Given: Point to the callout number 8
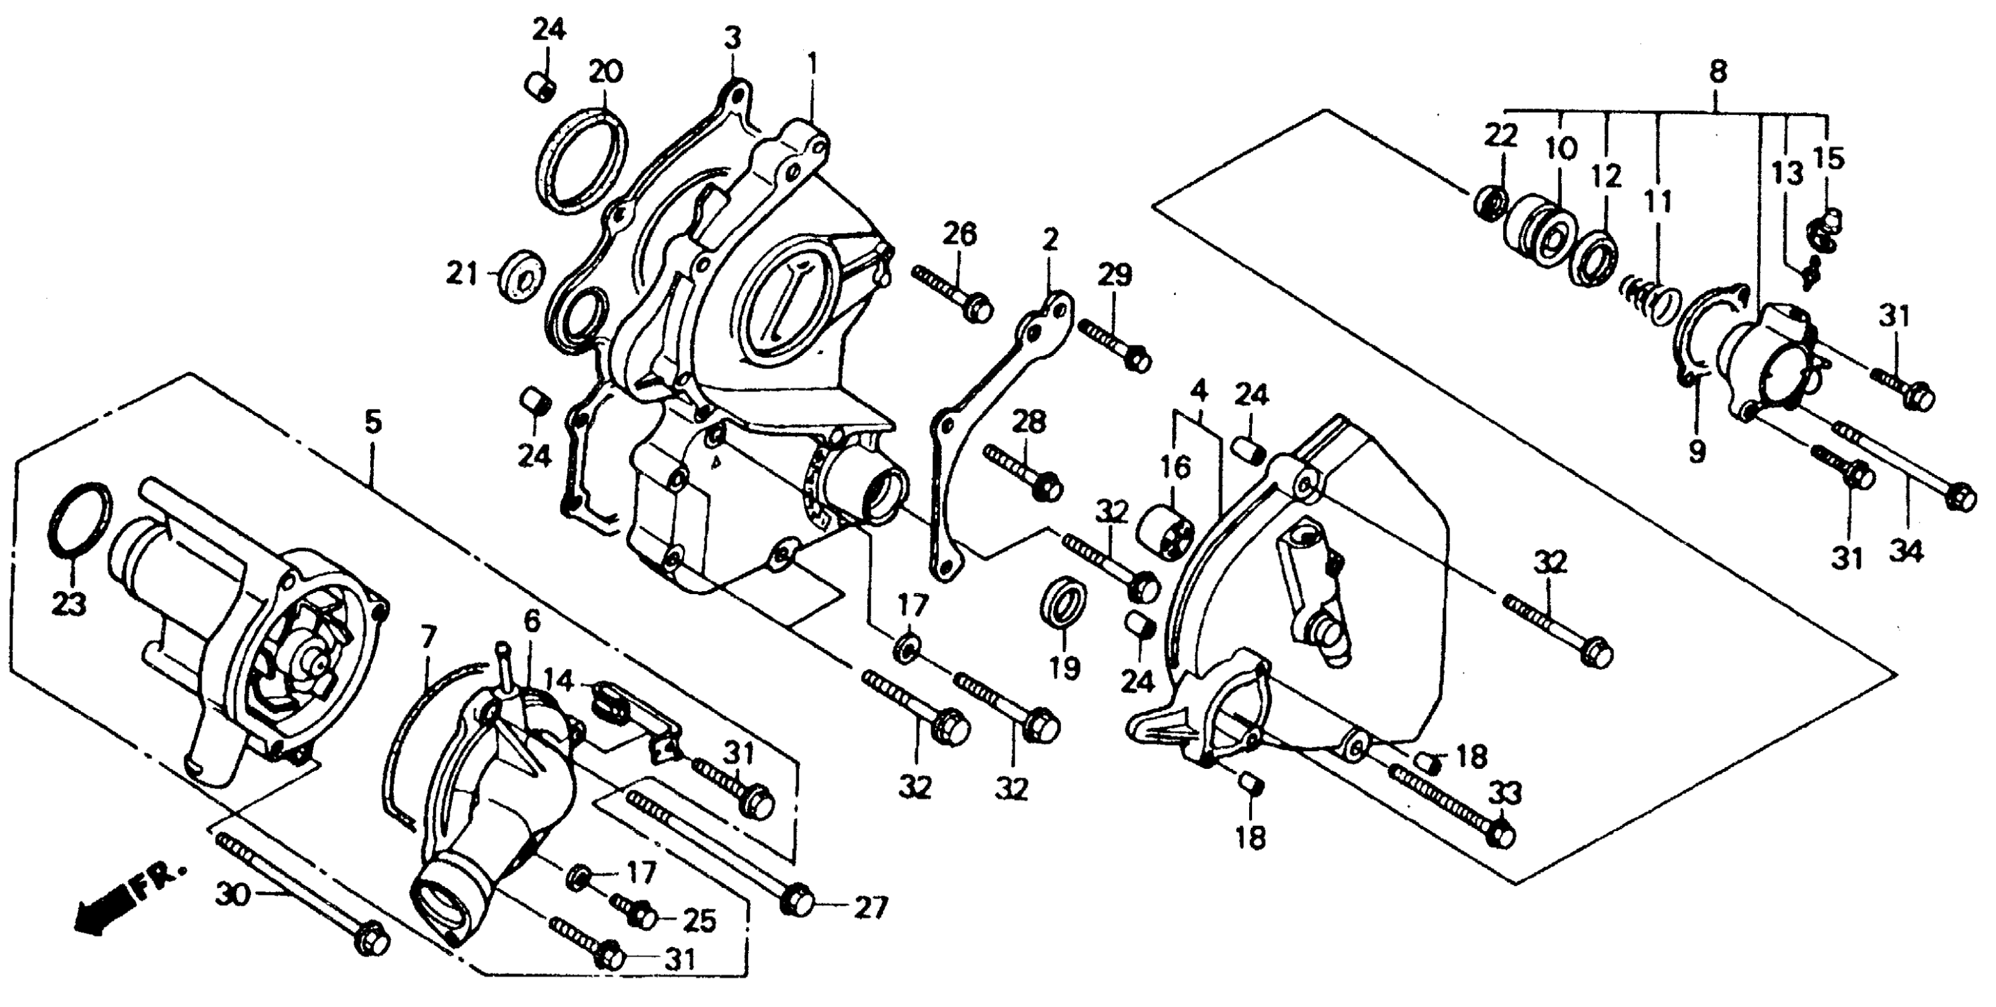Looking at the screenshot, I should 1718,73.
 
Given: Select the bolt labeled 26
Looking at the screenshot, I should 952,298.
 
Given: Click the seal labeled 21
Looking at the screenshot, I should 521,274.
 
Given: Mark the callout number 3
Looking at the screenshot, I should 733,37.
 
